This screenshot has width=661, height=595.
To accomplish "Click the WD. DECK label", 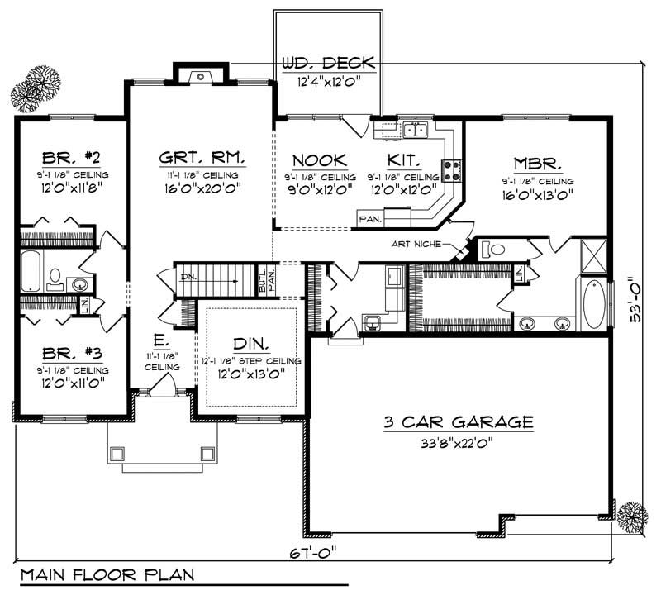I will pyautogui.click(x=329, y=64).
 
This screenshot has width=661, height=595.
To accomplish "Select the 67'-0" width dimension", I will pyautogui.click(x=315, y=551).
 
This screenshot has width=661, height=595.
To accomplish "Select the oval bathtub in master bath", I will pyautogui.click(x=593, y=305).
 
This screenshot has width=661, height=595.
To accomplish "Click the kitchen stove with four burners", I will pyautogui.click(x=451, y=170).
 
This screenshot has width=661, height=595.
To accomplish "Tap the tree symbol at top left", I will pyautogui.click(x=36, y=85).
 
